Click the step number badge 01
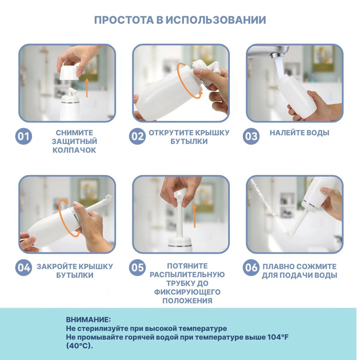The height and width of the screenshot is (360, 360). [x=23, y=136]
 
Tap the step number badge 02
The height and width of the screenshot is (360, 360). [x=137, y=136]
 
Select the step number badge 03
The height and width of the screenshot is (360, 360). [x=251, y=136]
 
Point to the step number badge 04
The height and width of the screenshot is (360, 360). [x=23, y=267]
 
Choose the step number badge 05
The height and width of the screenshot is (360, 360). [x=137, y=267]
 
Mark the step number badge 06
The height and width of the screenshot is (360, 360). [x=251, y=267]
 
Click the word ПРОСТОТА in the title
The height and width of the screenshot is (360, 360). [x=124, y=20]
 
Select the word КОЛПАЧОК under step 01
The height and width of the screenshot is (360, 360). [x=74, y=150]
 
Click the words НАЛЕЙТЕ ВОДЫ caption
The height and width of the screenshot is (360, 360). [x=299, y=133]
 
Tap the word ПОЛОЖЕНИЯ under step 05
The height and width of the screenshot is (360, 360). [x=187, y=301]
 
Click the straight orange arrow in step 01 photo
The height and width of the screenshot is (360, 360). [x=87, y=88]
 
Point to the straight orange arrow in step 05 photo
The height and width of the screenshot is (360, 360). [x=195, y=216]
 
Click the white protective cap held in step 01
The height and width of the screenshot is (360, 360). [x=69, y=71]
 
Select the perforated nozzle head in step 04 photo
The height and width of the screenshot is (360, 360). [x=109, y=198]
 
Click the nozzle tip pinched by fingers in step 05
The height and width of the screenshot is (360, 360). [x=179, y=196]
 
